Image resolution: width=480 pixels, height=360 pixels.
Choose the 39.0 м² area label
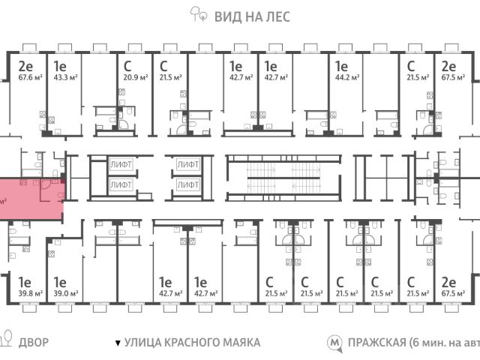pyautogui.click(x=66, y=294)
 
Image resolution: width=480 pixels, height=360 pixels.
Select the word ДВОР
pyautogui.click(x=34, y=343)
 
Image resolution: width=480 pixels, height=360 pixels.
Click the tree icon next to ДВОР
pyautogui.click(x=6, y=342)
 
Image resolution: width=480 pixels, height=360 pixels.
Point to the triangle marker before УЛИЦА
pyautogui.click(x=117, y=343)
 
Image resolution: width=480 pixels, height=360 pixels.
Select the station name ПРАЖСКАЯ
pyautogui.click(x=374, y=343)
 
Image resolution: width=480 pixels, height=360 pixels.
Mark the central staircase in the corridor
pyautogui.click(x=279, y=178)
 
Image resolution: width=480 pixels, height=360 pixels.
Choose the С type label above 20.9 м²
pyautogui.click(x=127, y=64)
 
